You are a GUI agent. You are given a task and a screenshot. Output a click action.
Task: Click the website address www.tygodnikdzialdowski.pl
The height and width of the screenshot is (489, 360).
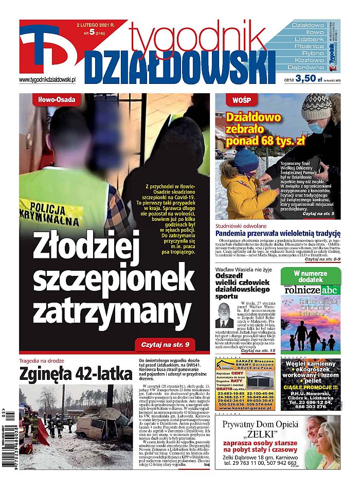coord(47,80)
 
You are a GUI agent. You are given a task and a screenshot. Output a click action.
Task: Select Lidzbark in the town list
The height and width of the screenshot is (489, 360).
coord(309,39)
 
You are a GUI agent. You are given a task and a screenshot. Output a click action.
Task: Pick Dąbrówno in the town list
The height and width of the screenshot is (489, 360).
coord(309,67)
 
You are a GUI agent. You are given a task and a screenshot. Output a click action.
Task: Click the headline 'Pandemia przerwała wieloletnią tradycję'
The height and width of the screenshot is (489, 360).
coord(278,233)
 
